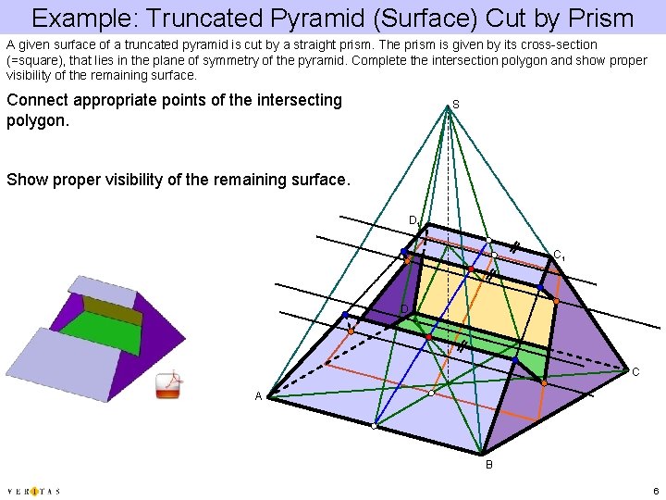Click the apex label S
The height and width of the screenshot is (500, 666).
(x=456, y=106)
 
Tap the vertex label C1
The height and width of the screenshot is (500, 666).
(x=560, y=255)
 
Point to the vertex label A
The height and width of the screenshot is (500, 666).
(x=261, y=396)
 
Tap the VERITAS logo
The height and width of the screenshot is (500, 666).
(x=33, y=491)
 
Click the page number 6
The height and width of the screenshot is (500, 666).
(x=653, y=491)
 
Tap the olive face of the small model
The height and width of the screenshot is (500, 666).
(x=113, y=309)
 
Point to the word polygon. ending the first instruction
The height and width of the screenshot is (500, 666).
(x=39, y=120)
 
